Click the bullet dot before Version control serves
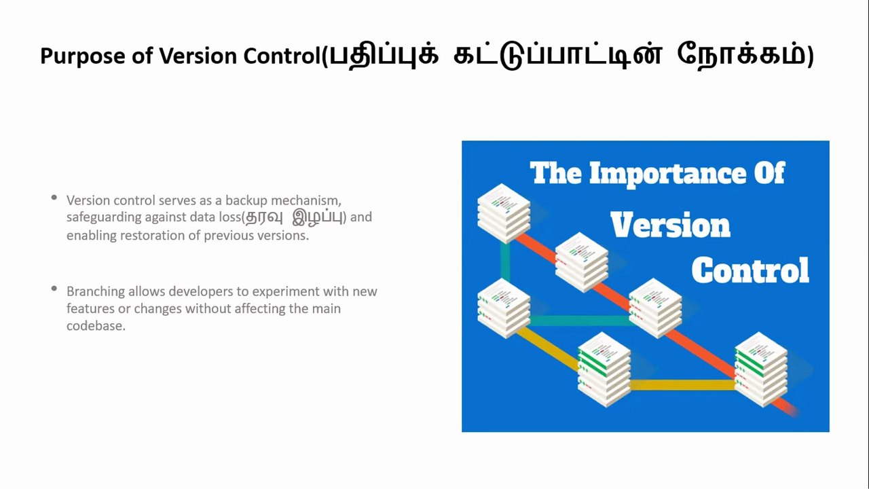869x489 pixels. point(54,198)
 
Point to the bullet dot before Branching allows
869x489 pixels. point(54,289)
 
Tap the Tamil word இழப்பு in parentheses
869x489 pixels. point(317,217)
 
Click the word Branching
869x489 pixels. point(96,291)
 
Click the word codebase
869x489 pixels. point(96,326)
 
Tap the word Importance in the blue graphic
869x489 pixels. point(667,174)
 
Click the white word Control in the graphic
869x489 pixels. point(750,270)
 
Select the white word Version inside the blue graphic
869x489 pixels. point(670,225)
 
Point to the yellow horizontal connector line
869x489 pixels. point(682,385)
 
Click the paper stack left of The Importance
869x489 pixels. point(503,211)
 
